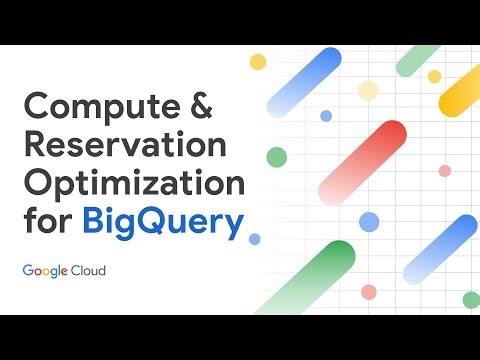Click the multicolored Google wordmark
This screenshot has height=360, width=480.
point(50,271)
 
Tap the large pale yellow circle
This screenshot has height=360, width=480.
point(368,91)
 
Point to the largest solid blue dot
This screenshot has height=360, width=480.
point(370,221)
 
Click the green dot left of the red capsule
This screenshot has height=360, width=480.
point(277,156)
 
